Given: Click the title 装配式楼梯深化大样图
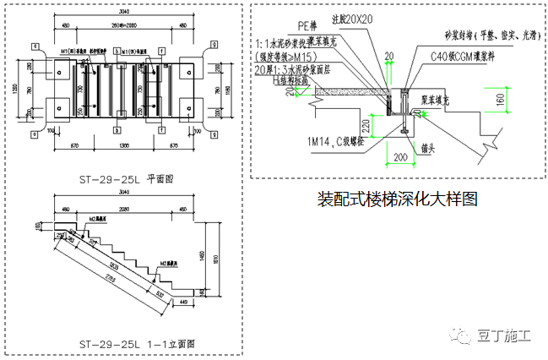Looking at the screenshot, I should tap(397, 200).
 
